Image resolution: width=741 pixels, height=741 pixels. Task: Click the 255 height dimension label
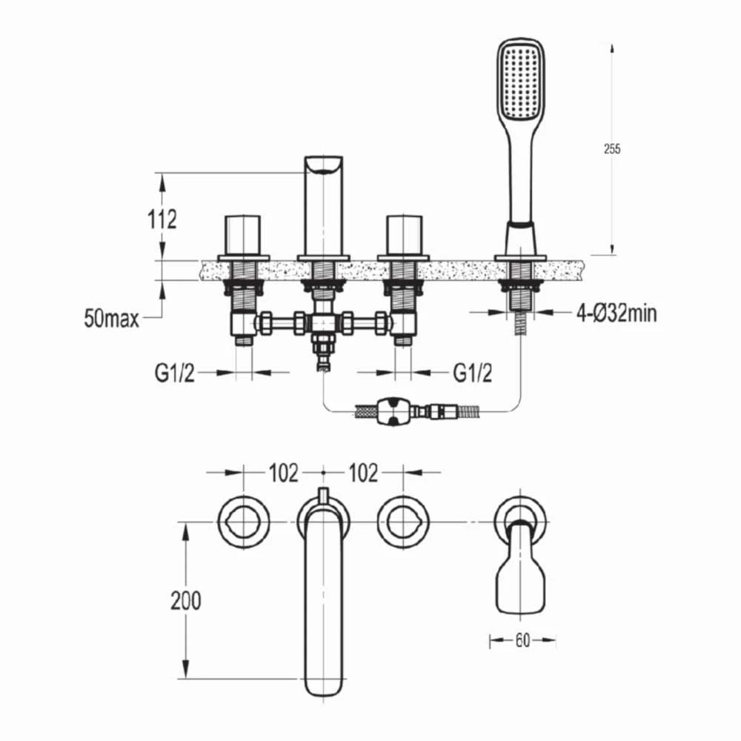coord(612,149)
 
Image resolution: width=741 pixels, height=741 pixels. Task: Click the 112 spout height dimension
coord(162,219)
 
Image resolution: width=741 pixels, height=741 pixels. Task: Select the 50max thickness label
coord(112,318)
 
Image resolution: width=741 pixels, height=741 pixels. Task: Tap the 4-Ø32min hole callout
coord(617,313)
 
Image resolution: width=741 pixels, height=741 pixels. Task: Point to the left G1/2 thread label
coord(174,373)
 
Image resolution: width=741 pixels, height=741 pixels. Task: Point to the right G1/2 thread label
coord(473,373)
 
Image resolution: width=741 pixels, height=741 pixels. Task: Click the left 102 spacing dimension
coord(284,473)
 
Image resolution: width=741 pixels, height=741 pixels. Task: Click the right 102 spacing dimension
coord(363,473)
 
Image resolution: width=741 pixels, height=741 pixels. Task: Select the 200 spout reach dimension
coord(186,601)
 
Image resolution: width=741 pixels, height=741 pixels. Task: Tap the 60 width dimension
coord(522,641)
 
